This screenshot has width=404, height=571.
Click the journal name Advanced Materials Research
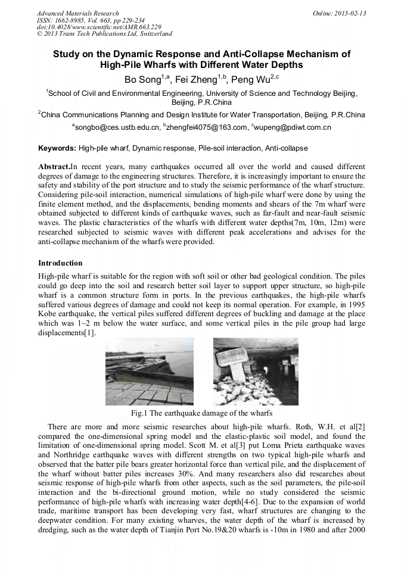tap(77, 13)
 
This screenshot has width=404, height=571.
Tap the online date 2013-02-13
tap(346, 13)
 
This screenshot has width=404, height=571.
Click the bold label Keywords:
tap(57, 148)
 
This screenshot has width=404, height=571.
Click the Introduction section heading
tap(60, 263)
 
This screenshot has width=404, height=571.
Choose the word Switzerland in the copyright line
tap(153, 34)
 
